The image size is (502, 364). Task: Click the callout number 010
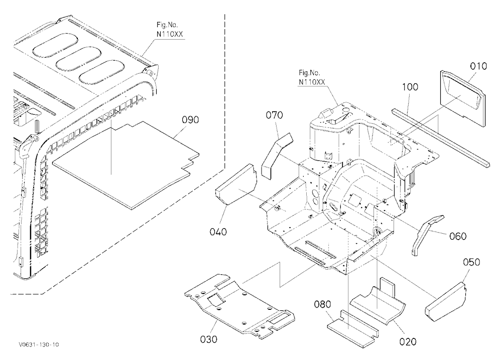pos(478,66)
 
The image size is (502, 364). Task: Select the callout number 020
pos(408,341)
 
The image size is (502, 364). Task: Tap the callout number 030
pos(208,339)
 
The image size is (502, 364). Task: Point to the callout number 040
pos(218,231)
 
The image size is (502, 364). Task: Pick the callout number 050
pos(471,262)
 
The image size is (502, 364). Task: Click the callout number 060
pos(458,236)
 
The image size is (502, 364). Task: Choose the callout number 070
pos(275,115)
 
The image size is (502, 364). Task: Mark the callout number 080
pos(322,304)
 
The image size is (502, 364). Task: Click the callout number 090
pos(190,120)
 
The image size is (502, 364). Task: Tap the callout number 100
pos(410,87)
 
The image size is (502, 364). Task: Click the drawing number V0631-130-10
pos(39,344)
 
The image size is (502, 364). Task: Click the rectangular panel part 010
pos(462,97)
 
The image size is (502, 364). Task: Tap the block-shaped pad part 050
pos(446,301)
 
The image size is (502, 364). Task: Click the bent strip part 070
pos(276,155)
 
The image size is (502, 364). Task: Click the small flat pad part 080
pos(352,328)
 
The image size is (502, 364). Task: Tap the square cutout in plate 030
pos(216,300)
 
